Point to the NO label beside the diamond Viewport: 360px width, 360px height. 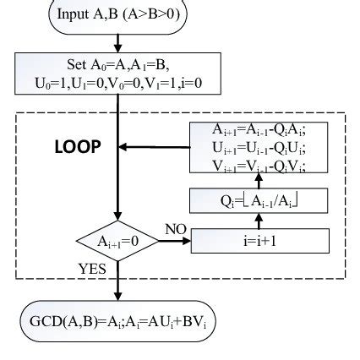pos(175,229)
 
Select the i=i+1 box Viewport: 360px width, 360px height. pos(260,239)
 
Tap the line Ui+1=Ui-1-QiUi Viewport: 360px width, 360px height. pos(260,148)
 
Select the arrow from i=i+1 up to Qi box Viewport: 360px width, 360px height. pos(260,220)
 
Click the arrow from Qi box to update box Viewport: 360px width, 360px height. pos(260,181)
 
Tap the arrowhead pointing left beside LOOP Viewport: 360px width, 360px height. pos(123,147)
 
